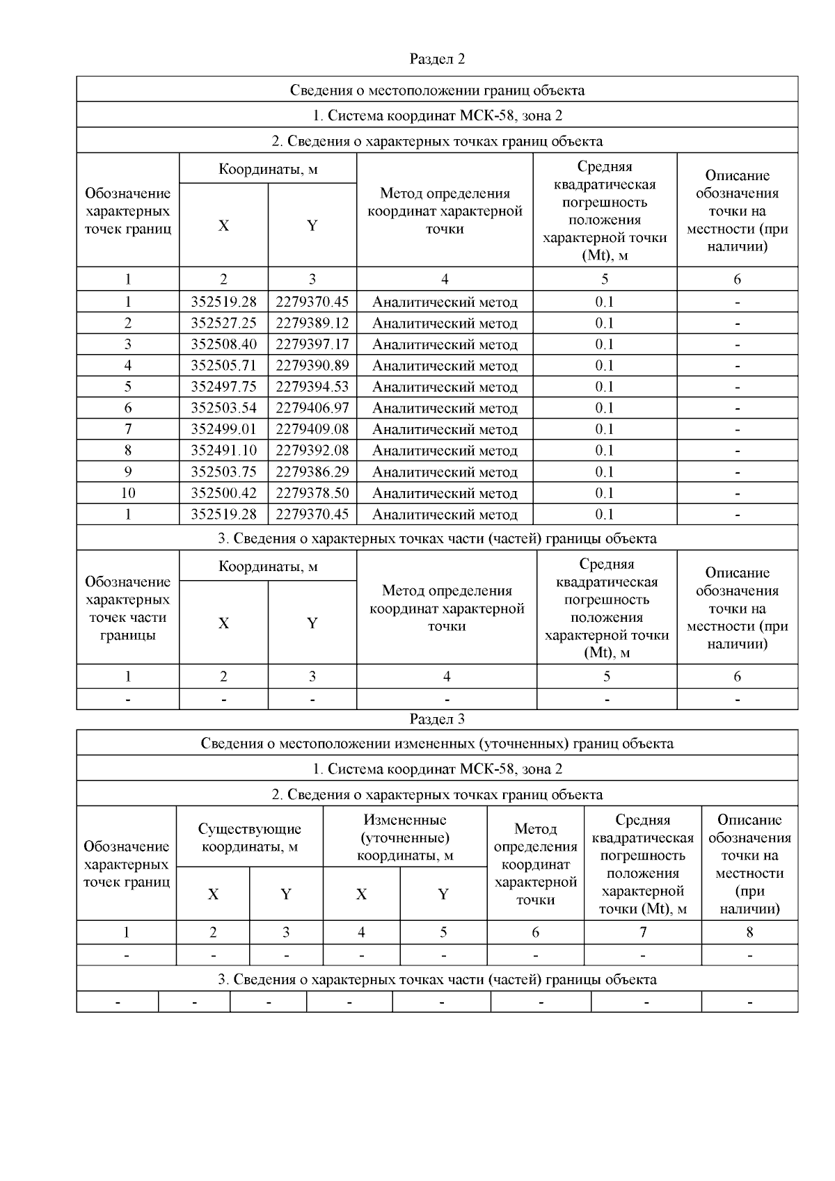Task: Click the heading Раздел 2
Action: coord(437,59)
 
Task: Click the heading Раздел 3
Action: coord(437,719)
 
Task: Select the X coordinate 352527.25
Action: coord(223,323)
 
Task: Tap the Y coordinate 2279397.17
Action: coord(312,344)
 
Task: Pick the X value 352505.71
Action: coord(223,365)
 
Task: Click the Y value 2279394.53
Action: coord(312,387)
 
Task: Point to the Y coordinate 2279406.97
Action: coord(312,408)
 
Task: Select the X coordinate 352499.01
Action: coord(223,429)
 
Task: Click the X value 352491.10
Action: coord(223,450)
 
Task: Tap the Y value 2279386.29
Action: coord(312,472)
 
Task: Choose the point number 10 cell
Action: coord(128,493)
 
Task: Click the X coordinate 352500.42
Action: coord(223,493)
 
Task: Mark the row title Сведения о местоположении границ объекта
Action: coord(437,90)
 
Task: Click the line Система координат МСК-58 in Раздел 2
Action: coord(437,115)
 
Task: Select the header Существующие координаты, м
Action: coord(249,837)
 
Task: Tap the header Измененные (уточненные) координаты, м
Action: coord(405,837)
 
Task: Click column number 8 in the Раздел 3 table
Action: coord(749,932)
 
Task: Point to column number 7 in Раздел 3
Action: coord(643,932)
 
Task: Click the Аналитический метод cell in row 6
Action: coord(445,408)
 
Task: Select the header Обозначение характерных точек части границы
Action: coord(127,609)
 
